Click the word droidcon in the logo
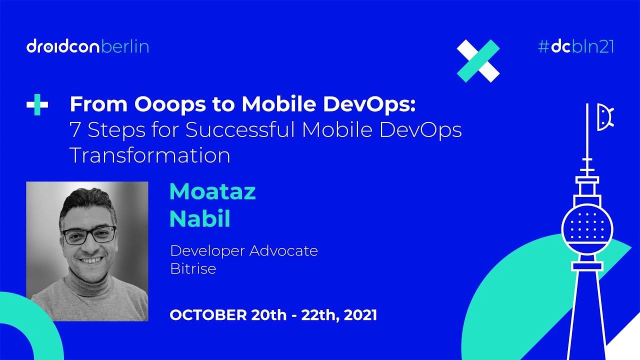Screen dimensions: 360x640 (x=63, y=47)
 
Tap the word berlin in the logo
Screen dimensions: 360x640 (x=125, y=47)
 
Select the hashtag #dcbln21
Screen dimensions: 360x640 (x=575, y=46)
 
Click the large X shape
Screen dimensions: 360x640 (x=478, y=60)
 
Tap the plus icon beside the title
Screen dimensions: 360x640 (x=37, y=105)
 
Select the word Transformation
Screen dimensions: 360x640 (x=150, y=155)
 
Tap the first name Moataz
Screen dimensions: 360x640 (x=212, y=192)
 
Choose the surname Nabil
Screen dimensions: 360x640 (x=200, y=219)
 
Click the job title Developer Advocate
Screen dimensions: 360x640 (x=244, y=250)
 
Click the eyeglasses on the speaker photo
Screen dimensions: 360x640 (x=89, y=234)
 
